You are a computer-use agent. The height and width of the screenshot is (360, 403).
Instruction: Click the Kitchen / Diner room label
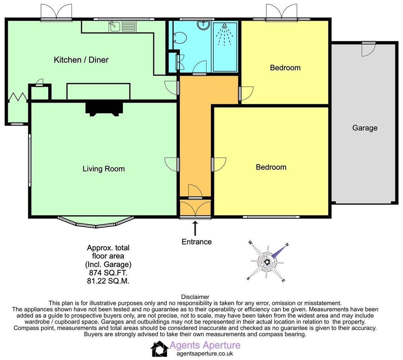[81, 60]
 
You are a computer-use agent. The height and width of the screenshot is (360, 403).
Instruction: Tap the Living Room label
[103, 169]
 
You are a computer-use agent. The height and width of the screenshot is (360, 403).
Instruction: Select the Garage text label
[365, 128]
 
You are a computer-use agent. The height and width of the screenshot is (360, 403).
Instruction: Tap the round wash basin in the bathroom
[203, 24]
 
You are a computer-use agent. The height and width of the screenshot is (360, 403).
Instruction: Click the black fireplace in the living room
[104, 108]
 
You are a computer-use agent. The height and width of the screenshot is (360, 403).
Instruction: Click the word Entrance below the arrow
[196, 242]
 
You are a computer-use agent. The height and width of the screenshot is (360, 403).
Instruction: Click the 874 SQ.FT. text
[108, 273]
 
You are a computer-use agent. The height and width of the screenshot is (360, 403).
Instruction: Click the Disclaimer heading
[195, 297]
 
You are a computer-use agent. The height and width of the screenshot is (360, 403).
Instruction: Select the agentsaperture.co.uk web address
[205, 353]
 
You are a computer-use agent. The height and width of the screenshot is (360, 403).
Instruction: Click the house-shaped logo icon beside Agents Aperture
[159, 349]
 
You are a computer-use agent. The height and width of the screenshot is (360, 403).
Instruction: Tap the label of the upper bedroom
[285, 68]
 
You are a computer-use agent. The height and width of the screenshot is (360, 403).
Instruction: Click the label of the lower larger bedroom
[271, 167]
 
